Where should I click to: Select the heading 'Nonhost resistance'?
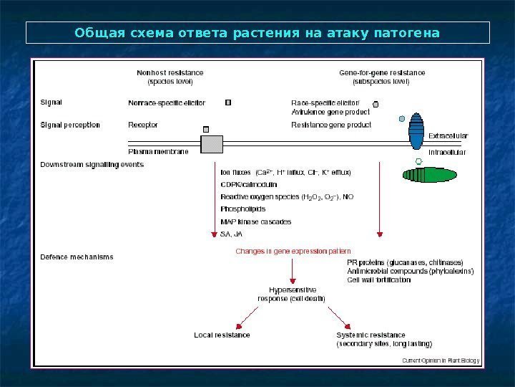click(x=170, y=72)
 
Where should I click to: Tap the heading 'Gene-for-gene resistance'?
click(x=381, y=72)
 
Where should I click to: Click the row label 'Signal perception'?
click(x=70, y=125)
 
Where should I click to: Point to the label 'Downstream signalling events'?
click(x=92, y=164)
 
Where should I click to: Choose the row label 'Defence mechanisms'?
click(x=77, y=257)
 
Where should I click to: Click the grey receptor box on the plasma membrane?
click(x=211, y=144)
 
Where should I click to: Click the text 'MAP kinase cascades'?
click(x=255, y=221)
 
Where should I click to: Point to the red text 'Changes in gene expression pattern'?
click(x=293, y=252)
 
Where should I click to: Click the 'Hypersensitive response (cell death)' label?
click(x=291, y=294)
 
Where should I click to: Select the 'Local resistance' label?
click(x=222, y=335)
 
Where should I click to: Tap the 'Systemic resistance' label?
click(x=371, y=335)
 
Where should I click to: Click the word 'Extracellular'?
click(x=448, y=135)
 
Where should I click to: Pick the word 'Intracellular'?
click(x=446, y=153)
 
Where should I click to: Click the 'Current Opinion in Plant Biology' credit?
click(x=441, y=360)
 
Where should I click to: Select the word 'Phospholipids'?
click(x=242, y=209)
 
